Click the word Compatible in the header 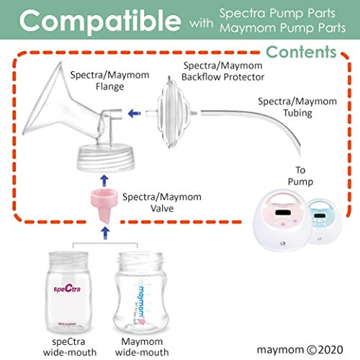(100, 21)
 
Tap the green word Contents (301, 52)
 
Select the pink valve (104, 205)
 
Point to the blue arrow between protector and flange (135, 113)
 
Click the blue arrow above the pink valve (104, 181)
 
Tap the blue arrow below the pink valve (105, 233)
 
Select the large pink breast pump (281, 220)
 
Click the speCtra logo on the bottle (67, 288)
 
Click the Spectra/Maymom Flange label (109, 81)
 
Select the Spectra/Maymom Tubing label (297, 107)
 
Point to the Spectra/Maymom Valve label (162, 202)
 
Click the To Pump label (300, 176)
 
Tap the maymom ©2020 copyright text (300, 350)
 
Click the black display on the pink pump (283, 212)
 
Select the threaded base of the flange (105, 157)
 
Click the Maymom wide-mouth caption (142, 347)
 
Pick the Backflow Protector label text (223, 77)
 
